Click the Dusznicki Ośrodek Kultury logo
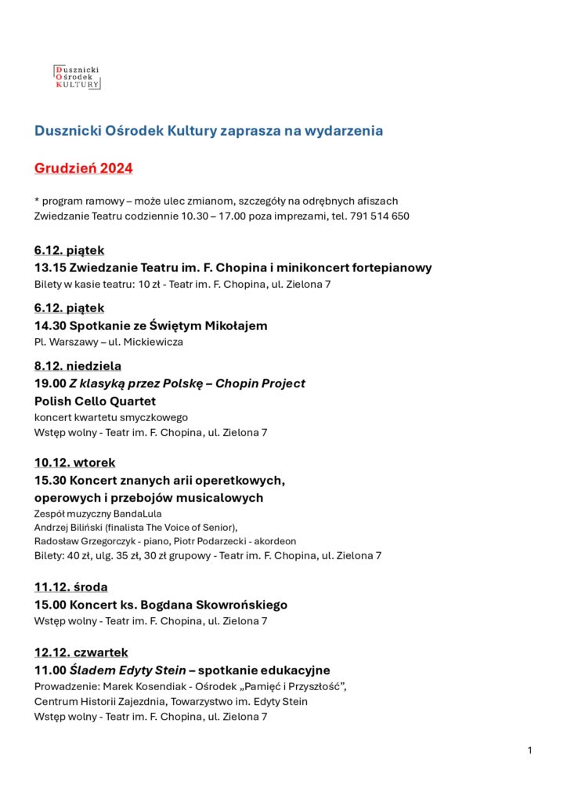(x=77, y=77)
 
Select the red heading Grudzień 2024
(x=84, y=169)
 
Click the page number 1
(x=530, y=750)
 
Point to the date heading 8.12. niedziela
(x=78, y=365)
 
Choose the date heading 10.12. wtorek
(x=74, y=463)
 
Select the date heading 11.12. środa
(x=71, y=587)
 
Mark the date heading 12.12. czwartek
(x=81, y=652)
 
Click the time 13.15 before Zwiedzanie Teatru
(x=49, y=267)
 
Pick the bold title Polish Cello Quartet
(x=95, y=401)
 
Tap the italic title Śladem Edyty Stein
(x=128, y=670)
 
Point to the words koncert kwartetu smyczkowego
(x=110, y=417)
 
